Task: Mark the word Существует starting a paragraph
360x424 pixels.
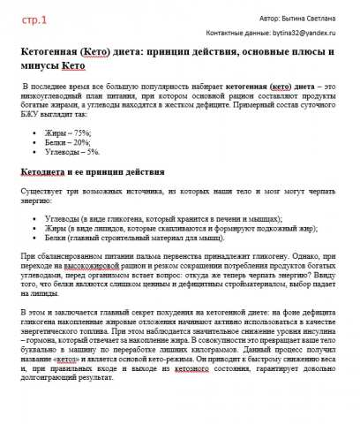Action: click(41, 190)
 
